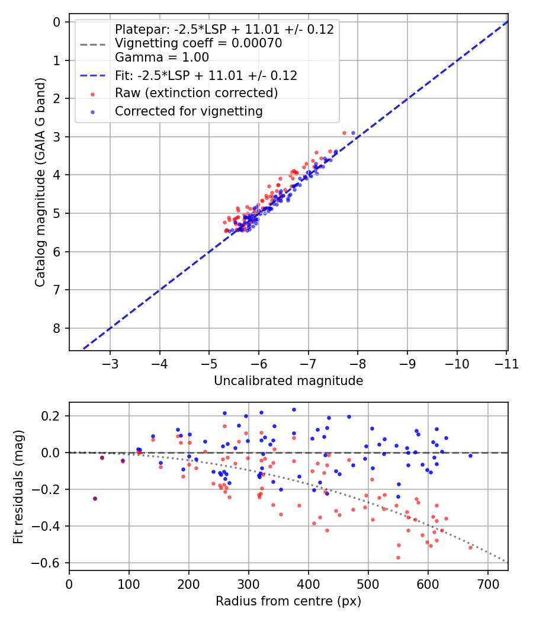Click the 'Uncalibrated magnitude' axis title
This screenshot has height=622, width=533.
pyautogui.click(x=288, y=381)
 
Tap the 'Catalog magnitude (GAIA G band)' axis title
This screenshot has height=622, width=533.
pyautogui.click(x=40, y=182)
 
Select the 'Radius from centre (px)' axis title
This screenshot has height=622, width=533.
pyautogui.click(x=288, y=601)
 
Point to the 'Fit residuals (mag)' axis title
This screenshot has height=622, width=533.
pyautogui.click(x=18, y=487)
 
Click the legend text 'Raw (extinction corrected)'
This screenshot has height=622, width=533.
pyautogui.click(x=196, y=93)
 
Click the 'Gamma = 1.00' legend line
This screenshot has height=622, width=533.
pyautogui.click(x=162, y=57)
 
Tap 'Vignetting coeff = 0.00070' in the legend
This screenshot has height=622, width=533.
pyautogui.click(x=198, y=43)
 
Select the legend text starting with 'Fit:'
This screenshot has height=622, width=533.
pyautogui.click(x=206, y=75)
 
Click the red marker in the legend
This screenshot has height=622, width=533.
pyautogui.click(x=92, y=94)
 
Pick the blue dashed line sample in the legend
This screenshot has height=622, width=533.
pyautogui.click(x=92, y=75)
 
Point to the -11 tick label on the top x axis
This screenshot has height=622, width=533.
pyautogui.click(x=506, y=364)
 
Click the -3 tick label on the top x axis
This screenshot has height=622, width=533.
pyautogui.click(x=110, y=364)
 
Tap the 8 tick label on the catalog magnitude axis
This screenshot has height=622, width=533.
pyautogui.click(x=57, y=328)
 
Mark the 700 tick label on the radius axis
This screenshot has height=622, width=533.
pyautogui.click(x=488, y=584)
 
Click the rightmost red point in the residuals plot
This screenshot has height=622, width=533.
pyautogui.click(x=470, y=547)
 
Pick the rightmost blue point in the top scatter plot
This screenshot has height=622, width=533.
pyautogui.click(x=353, y=133)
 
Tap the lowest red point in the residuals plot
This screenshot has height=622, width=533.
pyautogui.click(x=398, y=558)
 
